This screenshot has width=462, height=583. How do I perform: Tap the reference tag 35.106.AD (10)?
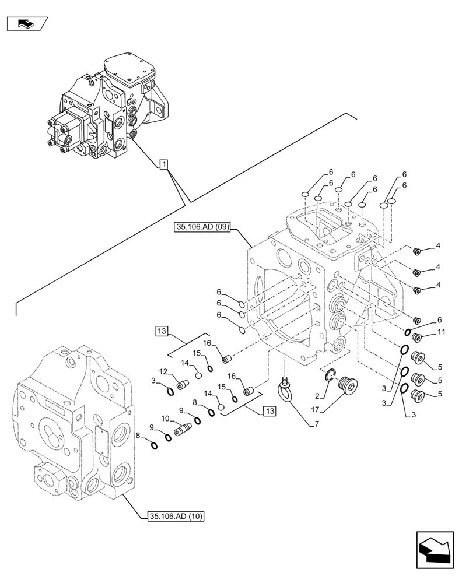[x=171, y=515]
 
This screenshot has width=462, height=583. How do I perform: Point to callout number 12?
[x=164, y=372]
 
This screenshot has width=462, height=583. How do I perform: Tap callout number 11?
[x=442, y=332]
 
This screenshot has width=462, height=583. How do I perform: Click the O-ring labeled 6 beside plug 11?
[x=409, y=332]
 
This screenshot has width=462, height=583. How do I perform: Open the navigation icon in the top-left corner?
[x=27, y=24]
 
